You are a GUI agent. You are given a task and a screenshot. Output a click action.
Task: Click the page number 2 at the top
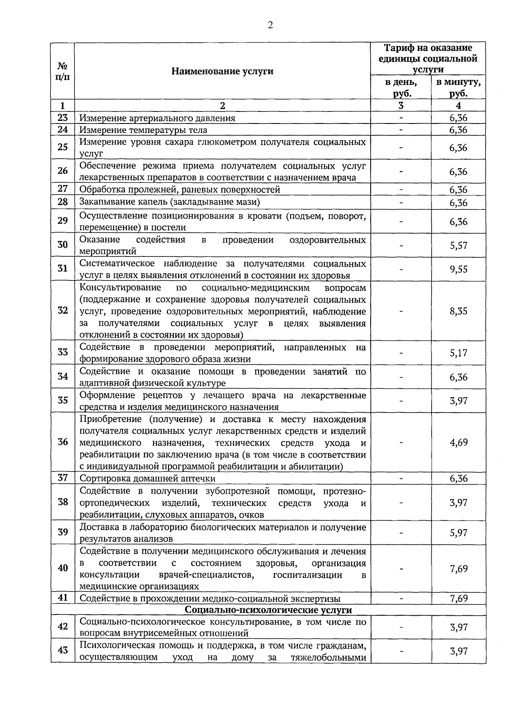tap(270, 25)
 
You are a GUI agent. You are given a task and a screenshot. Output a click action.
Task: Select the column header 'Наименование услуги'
tap(222, 71)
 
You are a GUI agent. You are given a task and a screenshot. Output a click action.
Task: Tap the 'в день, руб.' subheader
tap(401, 88)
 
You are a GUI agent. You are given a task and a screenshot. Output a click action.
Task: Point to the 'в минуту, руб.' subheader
tap(458, 88)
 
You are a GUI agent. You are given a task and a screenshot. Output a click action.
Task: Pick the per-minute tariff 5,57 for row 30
tap(458, 246)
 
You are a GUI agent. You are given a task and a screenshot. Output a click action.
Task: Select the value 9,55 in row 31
tap(458, 269)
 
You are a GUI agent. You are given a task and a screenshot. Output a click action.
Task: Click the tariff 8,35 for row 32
tap(458, 311)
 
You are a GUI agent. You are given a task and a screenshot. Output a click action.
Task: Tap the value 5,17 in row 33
tap(458, 353)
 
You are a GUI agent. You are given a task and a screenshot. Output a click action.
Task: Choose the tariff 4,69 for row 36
tap(458, 442)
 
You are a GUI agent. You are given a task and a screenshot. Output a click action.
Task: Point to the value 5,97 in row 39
tap(458, 533)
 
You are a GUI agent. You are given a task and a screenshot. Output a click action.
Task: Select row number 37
tap(63, 478)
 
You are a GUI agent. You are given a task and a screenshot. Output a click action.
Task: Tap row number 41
tap(63, 598)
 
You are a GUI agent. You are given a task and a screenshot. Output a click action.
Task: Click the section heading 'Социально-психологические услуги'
tap(268, 610)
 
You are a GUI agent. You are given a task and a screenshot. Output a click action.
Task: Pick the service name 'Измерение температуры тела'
tap(144, 130)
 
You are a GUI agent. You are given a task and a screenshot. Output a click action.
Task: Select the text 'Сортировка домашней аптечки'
tap(147, 478)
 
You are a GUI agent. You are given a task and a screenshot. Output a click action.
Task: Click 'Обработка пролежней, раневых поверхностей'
tap(180, 190)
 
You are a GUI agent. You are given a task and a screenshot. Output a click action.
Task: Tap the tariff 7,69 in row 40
tap(458, 569)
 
